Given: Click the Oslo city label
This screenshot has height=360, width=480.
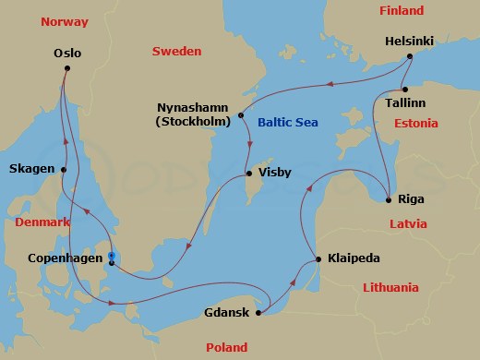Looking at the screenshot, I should coord(68,54).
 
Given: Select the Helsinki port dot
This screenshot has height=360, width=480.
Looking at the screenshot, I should coord(408,58).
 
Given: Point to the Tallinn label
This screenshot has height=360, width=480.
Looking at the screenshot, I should coord(411,104).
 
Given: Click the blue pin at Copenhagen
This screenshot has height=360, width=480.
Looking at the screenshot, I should coord(110,258).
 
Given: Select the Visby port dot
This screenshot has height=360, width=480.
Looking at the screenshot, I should coord(248,174).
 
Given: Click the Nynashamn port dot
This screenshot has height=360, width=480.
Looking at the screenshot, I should coord(241,115).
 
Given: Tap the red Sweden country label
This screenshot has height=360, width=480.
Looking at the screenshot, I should coord(176,52).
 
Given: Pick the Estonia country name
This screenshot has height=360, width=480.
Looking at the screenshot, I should coord(415,123).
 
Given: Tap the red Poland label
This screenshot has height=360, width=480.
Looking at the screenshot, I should coord(227,347).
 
